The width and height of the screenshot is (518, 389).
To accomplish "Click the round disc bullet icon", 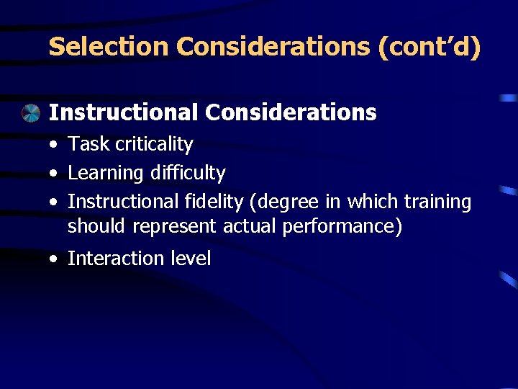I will click(30, 113).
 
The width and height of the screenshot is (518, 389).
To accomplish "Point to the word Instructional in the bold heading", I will click(122, 112).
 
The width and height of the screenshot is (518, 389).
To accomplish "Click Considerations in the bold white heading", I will click(291, 112).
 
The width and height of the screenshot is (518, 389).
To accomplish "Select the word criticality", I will click(150, 144).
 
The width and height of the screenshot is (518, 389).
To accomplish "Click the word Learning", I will click(105, 173).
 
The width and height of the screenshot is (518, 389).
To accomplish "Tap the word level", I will click(190, 259).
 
